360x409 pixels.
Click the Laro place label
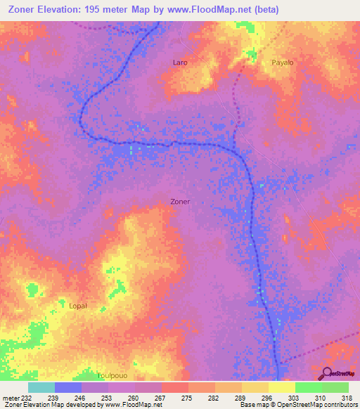coord(180,63)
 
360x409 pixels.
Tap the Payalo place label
coord(283,63)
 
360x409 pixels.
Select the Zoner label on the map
coord(181,201)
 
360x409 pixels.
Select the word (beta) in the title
coord(265,10)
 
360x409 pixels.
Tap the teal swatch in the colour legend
coord(41,387)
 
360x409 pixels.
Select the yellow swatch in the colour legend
coord(281,387)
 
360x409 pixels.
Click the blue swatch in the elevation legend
coord(68,387)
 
